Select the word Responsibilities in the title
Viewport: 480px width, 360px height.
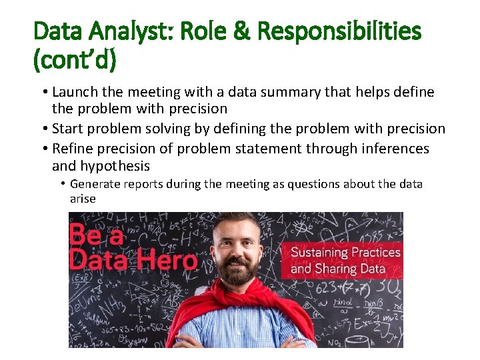pyautogui.click(x=339, y=31)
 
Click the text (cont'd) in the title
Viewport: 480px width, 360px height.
pyautogui.click(x=75, y=60)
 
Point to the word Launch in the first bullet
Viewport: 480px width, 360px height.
pyautogui.click(x=76, y=92)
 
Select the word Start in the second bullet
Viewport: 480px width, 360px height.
pyautogui.click(x=68, y=129)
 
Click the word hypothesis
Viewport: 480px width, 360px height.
pyautogui.click(x=115, y=166)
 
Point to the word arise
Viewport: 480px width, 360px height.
pyautogui.click(x=83, y=199)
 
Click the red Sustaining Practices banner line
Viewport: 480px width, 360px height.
pyautogui.click(x=345, y=253)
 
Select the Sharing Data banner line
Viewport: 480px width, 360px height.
pyautogui.click(x=338, y=269)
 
